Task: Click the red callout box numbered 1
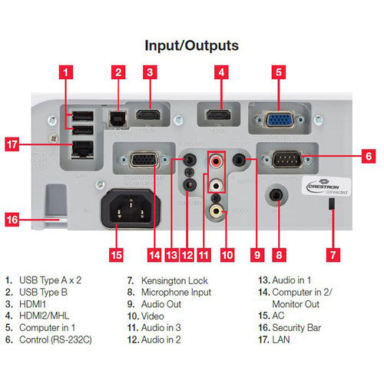click(x=68, y=74)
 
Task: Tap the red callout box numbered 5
click(x=277, y=74)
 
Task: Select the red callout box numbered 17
click(x=32, y=143)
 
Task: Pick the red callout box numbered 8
click(x=278, y=253)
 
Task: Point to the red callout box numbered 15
click(x=116, y=253)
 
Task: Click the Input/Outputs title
click(x=192, y=45)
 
